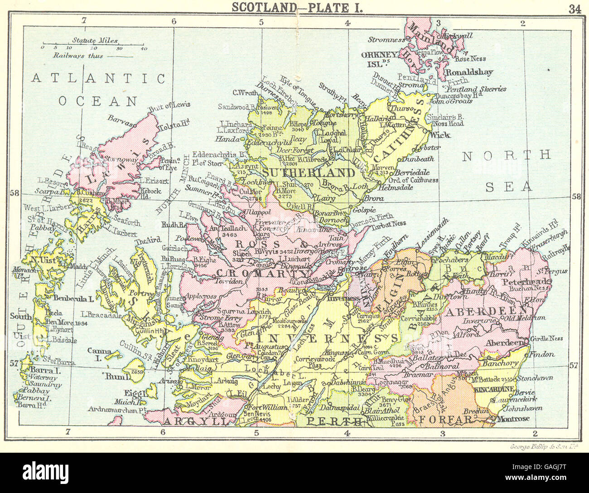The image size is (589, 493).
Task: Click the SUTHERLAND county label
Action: tap(309, 172)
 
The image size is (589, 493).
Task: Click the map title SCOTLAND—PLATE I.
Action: tap(297, 7)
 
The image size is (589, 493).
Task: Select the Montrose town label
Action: tap(512, 419)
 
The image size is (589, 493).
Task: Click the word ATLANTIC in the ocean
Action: tap(98, 78)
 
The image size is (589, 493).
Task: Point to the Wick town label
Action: tap(440, 134)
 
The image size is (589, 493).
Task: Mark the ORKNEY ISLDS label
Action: tap(379, 58)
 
